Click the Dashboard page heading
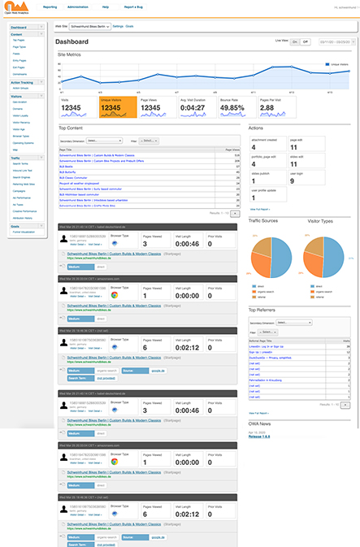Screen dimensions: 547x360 click(x=73, y=40)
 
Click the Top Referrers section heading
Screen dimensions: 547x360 click(x=263, y=310)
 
